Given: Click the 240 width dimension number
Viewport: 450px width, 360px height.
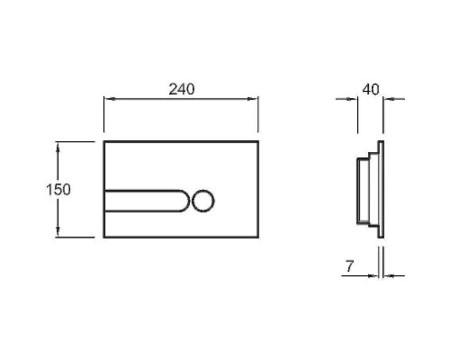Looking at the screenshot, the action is coord(182,89).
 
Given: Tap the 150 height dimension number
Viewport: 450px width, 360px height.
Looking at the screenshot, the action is coord(58,190).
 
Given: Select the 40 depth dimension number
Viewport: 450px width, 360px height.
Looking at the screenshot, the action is coord(371,89).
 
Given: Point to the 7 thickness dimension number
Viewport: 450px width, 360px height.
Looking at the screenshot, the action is coord(349,266).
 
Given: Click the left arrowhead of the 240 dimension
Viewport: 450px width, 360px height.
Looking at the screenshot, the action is coord(110,99).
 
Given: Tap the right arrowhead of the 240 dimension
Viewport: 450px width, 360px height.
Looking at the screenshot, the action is coord(252,99).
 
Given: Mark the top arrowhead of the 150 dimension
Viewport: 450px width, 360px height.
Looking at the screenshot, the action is coord(58,148).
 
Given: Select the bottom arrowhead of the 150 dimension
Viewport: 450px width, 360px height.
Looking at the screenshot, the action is coord(58,231).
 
